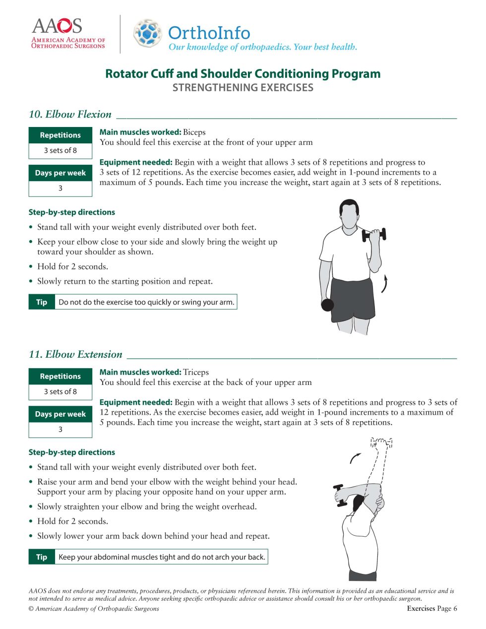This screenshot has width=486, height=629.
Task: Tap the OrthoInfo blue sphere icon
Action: (x=147, y=33)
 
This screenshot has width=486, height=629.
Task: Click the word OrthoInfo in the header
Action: (x=209, y=33)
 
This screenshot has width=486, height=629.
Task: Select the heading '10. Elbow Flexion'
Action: (x=70, y=114)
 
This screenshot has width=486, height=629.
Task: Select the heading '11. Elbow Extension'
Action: (x=75, y=354)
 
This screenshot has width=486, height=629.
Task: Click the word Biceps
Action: (x=194, y=132)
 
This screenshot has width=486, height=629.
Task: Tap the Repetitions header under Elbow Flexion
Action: (x=61, y=135)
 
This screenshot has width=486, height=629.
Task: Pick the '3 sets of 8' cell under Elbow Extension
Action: (x=61, y=391)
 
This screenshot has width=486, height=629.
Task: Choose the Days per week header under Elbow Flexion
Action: (x=61, y=173)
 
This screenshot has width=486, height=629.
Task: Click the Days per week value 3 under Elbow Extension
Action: (x=61, y=429)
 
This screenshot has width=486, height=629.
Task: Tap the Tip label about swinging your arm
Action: (x=42, y=302)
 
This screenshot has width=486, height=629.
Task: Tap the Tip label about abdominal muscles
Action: (x=42, y=557)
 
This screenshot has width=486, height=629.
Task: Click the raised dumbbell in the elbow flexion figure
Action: (x=374, y=235)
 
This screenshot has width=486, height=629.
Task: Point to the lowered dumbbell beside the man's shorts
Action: (x=327, y=305)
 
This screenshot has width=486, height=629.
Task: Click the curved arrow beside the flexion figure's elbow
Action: (x=384, y=284)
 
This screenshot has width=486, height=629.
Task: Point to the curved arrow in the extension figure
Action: (x=355, y=458)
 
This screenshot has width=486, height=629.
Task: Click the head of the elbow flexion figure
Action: (x=349, y=213)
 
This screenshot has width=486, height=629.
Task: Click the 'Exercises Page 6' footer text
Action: (x=431, y=608)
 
